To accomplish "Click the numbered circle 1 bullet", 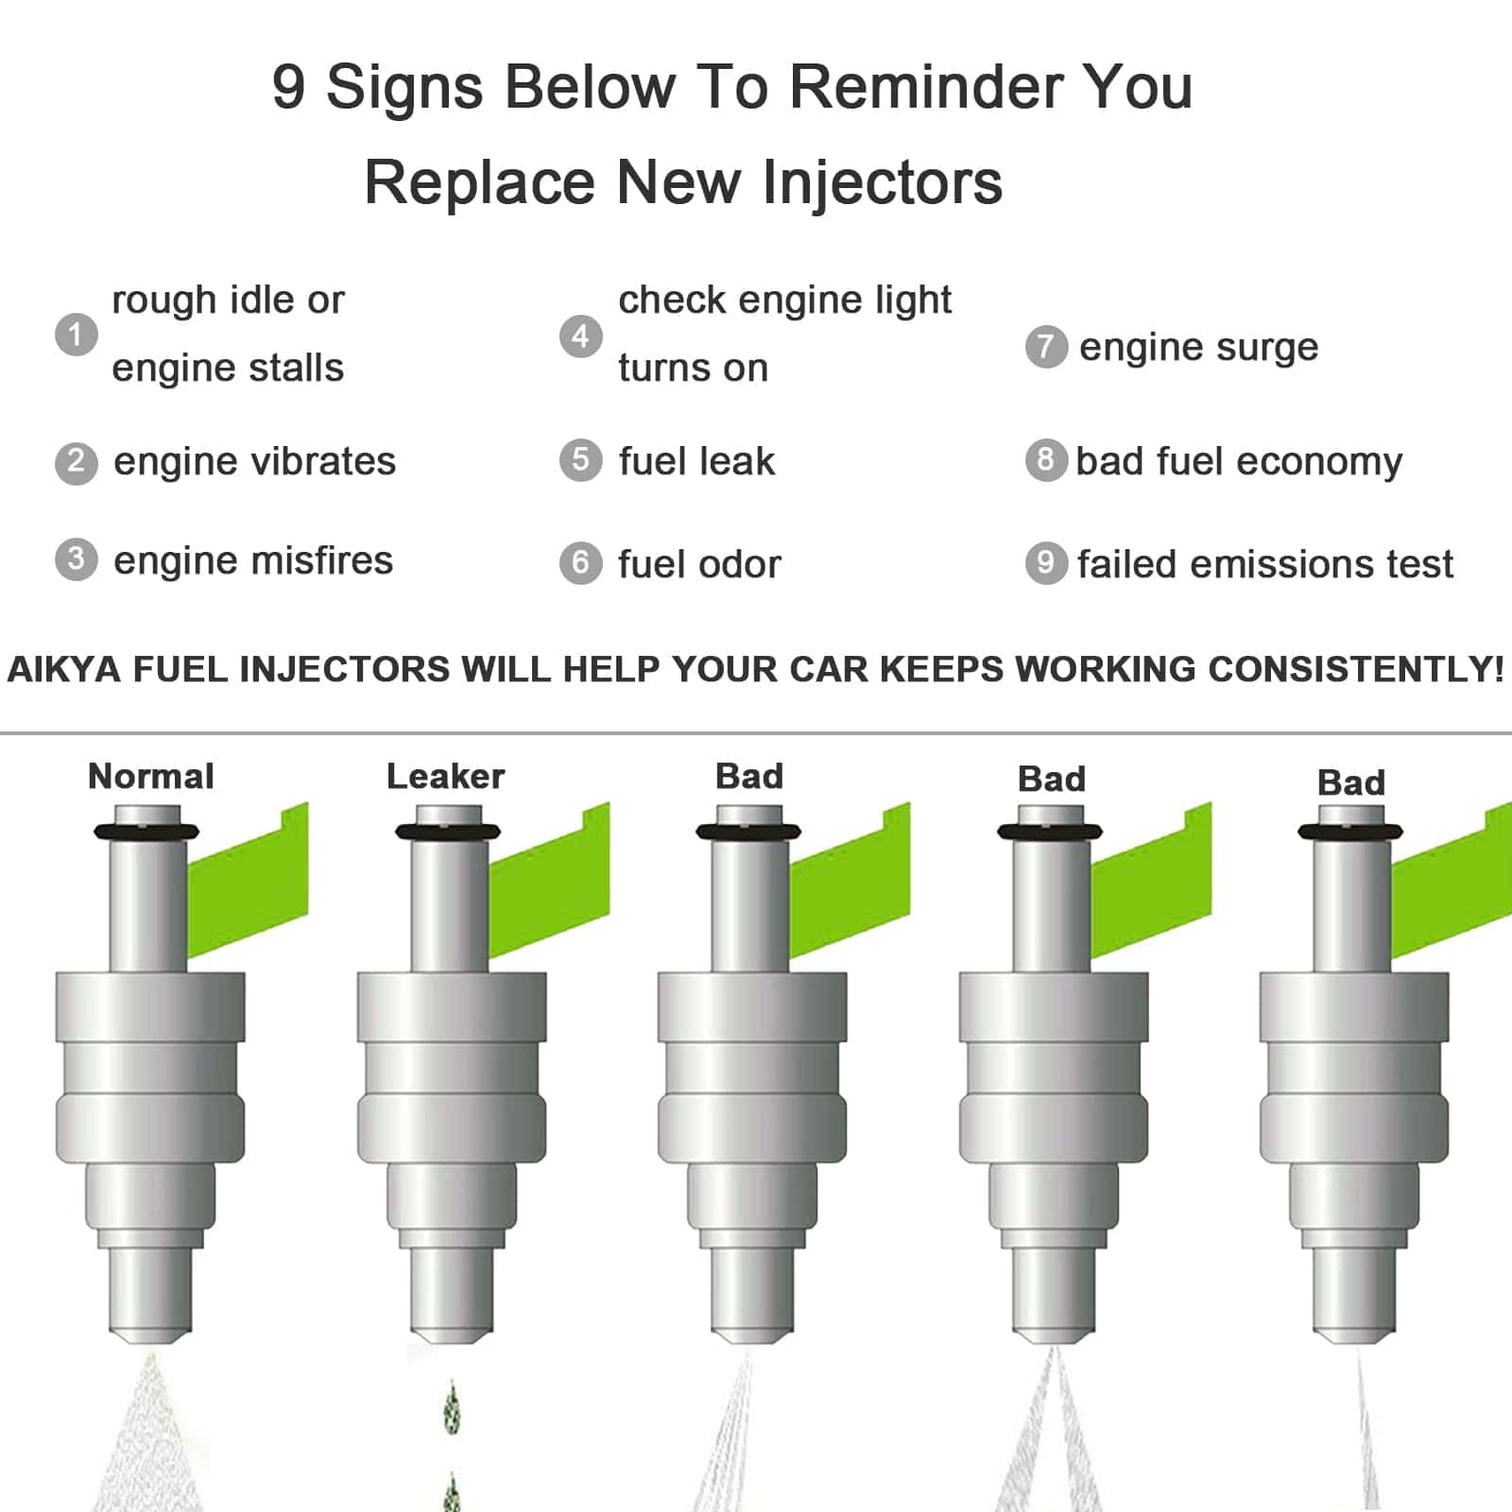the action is [77, 335].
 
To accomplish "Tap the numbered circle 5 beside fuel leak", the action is [581, 460].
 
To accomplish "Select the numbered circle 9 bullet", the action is [1046, 562].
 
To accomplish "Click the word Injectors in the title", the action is [883, 181].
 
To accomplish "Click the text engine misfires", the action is [253, 560].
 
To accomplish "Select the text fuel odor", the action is [699, 564].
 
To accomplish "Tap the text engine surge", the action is [1198, 348].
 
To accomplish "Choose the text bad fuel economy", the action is [1239, 462].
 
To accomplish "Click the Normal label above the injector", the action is [151, 776].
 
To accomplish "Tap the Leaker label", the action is [446, 776].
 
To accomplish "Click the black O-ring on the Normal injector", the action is [146, 832].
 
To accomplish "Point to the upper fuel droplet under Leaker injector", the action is [452, 1406].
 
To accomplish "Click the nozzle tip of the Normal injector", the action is [150, 1336].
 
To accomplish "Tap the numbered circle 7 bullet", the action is [1046, 347].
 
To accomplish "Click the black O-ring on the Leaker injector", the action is [448, 832].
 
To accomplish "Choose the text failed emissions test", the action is [1265, 564].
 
